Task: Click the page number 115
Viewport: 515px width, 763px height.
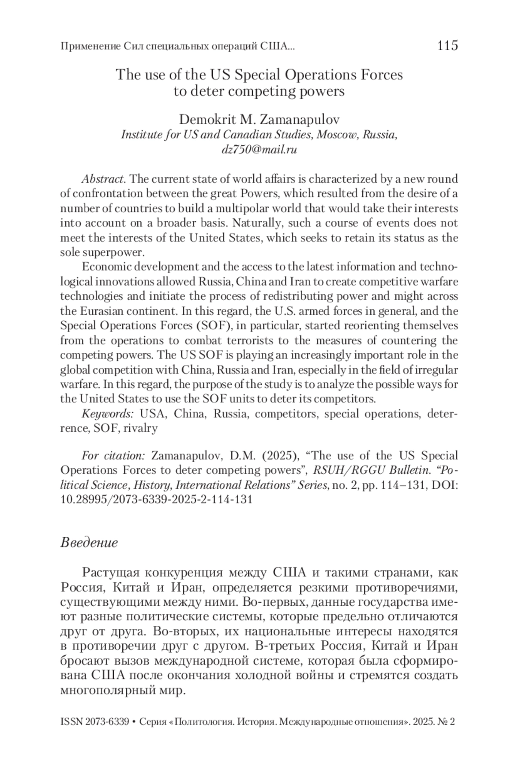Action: [448, 45]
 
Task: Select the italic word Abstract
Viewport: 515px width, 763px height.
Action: [103, 179]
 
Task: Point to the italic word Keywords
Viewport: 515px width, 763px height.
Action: [107, 414]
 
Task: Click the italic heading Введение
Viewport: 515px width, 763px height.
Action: [89, 543]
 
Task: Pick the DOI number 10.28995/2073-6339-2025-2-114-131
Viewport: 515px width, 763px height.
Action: [156, 499]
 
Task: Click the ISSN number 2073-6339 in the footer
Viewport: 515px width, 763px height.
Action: [107, 722]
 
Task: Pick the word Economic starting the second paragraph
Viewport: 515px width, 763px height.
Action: [107, 267]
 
